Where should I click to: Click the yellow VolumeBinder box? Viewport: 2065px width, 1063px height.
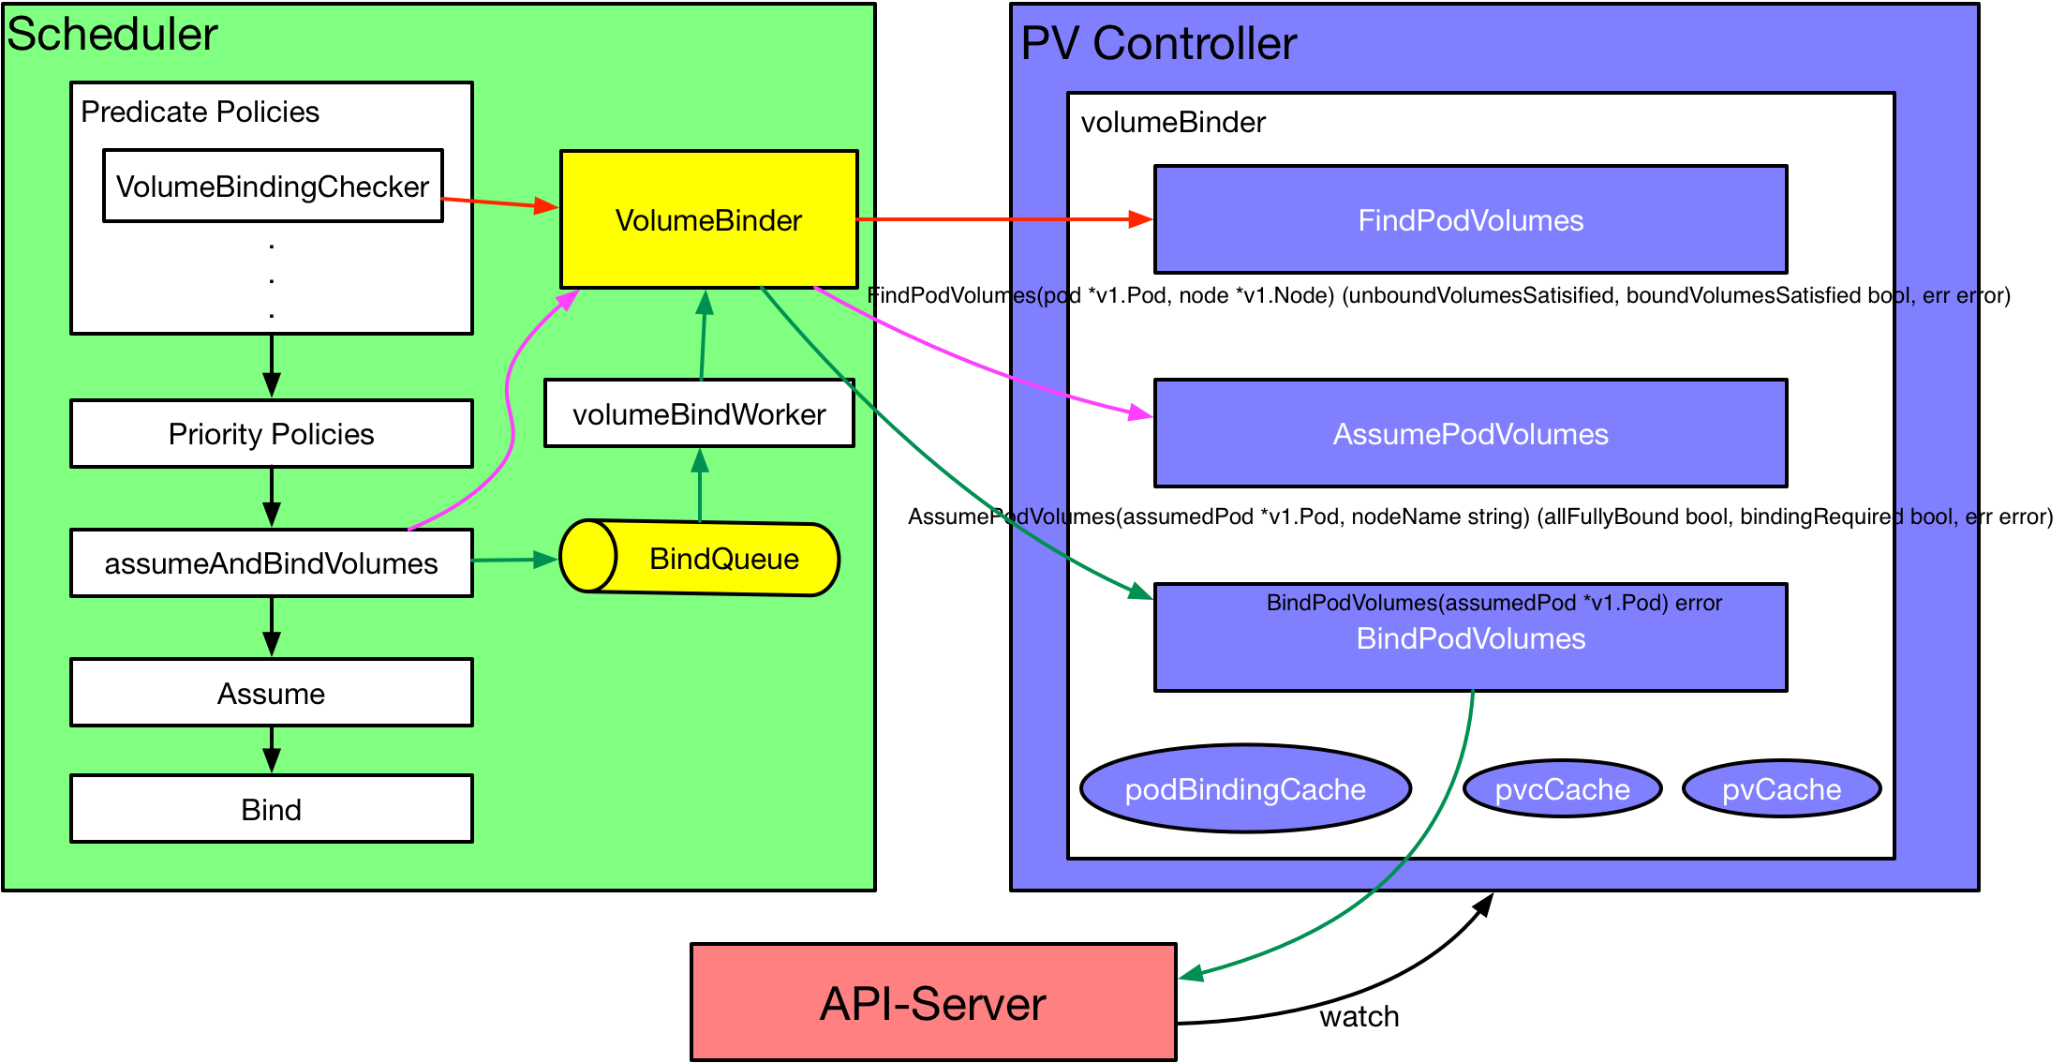pyautogui.click(x=708, y=219)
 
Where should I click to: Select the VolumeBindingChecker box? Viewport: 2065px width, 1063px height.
pyautogui.click(x=273, y=186)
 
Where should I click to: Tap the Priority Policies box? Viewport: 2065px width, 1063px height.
pyautogui.click(x=272, y=434)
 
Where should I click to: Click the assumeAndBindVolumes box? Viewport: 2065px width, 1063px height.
pyautogui.click(x=272, y=563)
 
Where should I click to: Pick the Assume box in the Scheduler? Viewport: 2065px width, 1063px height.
pyautogui.click(x=272, y=693)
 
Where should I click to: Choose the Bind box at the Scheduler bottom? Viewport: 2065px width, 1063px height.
pyautogui.click(x=272, y=809)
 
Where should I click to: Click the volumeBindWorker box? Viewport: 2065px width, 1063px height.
pyautogui.click(x=699, y=413)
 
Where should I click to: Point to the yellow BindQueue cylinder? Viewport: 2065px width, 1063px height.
pyautogui.click(x=699, y=558)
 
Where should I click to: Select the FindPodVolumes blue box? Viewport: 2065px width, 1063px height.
pyautogui.click(x=1471, y=219)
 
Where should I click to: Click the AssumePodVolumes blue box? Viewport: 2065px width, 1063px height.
pyautogui.click(x=1471, y=433)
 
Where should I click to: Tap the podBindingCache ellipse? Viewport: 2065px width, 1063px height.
pyautogui.click(x=1245, y=788)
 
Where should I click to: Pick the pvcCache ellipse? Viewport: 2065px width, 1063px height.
pyautogui.click(x=1562, y=788)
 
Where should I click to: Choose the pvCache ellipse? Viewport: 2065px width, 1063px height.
pyautogui.click(x=1781, y=788)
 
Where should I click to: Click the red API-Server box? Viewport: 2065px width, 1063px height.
pyautogui.click(x=933, y=1002)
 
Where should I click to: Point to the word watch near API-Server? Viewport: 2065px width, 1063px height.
pyautogui.click(x=1359, y=1016)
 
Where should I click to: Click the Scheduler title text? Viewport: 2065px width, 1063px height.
pyautogui.click(x=112, y=35)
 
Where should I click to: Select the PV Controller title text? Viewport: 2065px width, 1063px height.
pyautogui.click(x=1159, y=43)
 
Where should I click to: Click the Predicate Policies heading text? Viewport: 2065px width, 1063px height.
pyautogui.click(x=200, y=112)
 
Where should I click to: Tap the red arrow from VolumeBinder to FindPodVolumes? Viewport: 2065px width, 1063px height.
pyautogui.click(x=1005, y=219)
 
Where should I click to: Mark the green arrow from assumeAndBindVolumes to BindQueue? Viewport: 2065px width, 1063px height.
pyautogui.click(x=515, y=560)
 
